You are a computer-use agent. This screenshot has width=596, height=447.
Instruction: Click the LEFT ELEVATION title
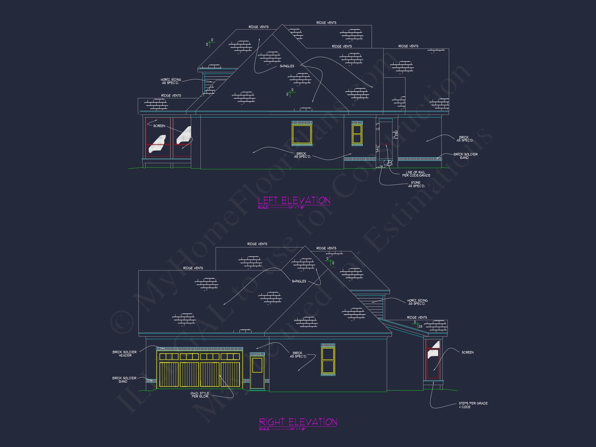pyautogui.click(x=294, y=200)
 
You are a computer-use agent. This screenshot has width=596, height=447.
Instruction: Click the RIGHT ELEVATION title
pyautogui.click(x=298, y=422)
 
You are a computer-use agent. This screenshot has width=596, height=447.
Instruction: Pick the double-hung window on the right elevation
pyautogui.click(x=328, y=360)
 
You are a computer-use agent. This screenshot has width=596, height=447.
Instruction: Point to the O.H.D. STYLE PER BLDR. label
pyautogui.click(x=200, y=395)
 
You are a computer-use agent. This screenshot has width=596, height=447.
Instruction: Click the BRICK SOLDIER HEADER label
pyautogui.click(x=124, y=354)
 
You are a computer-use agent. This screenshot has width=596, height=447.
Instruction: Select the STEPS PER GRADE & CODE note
pyautogui.click(x=473, y=405)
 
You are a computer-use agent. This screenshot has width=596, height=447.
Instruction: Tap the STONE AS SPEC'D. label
pyautogui.click(x=416, y=184)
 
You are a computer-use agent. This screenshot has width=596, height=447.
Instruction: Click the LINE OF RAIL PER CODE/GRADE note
pyautogui.click(x=416, y=174)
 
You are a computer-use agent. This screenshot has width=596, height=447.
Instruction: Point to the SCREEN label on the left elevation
pyautogui.click(x=159, y=126)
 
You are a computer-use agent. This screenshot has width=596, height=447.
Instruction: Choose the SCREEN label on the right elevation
pyautogui.click(x=467, y=352)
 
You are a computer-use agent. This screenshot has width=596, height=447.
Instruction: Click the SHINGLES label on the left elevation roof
pyautogui.click(x=287, y=66)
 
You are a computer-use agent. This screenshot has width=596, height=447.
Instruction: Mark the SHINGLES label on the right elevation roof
pyautogui.click(x=299, y=281)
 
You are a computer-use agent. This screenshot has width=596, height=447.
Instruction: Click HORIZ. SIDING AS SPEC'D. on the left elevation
pyautogui.click(x=171, y=81)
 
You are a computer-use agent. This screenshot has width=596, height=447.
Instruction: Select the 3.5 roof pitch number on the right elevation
pyautogui.click(x=420, y=326)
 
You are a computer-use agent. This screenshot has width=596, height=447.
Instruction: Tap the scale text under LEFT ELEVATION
pyautogui.click(x=281, y=207)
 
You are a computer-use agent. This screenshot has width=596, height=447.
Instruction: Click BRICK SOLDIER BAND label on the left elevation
pyautogui.click(x=465, y=156)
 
